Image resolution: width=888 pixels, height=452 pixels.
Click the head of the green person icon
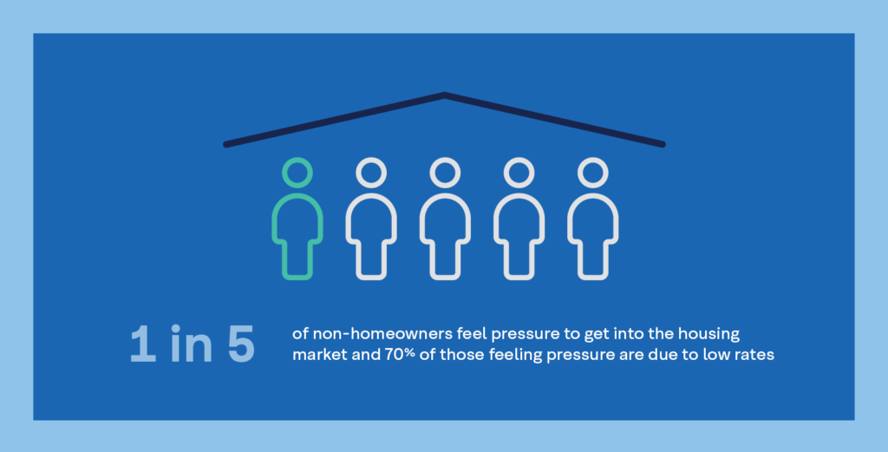click(x=297, y=160)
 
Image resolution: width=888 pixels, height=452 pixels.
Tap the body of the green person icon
click(x=297, y=195)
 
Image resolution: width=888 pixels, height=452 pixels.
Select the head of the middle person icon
click(x=445, y=160)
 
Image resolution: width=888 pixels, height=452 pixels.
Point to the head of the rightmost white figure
click(x=593, y=160)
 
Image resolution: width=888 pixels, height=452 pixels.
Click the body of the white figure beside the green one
click(x=371, y=195)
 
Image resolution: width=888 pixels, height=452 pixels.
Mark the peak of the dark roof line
click(x=445, y=95)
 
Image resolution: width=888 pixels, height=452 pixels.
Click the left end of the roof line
click(x=226, y=144)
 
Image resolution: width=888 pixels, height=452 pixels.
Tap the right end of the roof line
click(x=663, y=144)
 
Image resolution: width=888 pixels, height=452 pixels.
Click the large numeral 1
click(x=143, y=344)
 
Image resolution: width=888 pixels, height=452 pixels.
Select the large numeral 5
click(x=241, y=344)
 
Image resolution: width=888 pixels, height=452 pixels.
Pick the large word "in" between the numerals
click(x=192, y=344)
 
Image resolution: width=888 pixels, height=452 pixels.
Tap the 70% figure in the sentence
click(x=400, y=355)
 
